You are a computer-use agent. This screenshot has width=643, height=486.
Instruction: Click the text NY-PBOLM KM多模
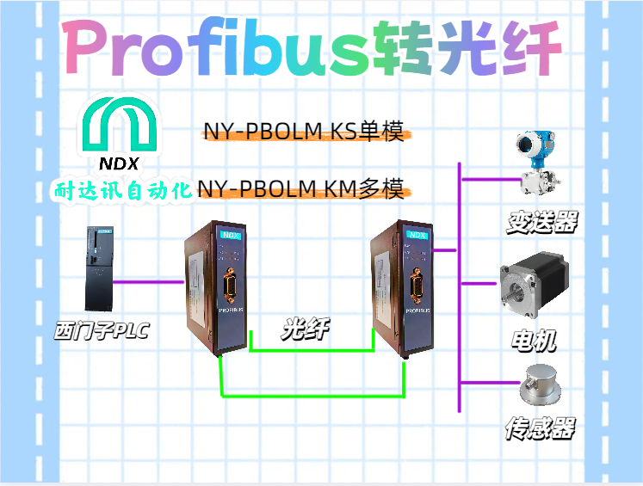pos(300,188)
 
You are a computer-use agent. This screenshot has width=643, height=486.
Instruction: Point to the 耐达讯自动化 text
pos(121,190)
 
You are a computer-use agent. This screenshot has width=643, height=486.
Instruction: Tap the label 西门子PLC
pos(101,329)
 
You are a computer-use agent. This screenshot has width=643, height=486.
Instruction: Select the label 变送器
pos(541,222)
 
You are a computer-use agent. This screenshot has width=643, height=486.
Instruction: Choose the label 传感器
pos(540,428)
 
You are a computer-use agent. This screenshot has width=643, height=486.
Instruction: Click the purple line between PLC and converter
pos(150,281)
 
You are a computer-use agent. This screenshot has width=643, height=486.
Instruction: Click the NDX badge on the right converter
pos(417,234)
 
